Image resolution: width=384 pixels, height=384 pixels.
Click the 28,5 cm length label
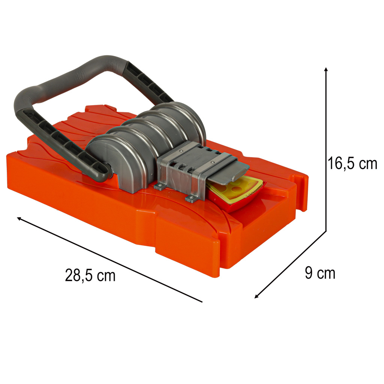(x=90, y=276)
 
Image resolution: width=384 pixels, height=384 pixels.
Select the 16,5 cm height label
(x=352, y=163)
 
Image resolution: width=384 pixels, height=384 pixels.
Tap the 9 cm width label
(x=320, y=273)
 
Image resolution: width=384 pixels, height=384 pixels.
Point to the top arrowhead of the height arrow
(x=326, y=69)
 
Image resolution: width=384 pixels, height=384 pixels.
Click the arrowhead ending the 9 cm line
(x=256, y=296)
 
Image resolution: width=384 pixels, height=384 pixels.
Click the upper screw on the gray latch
(x=181, y=151)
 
